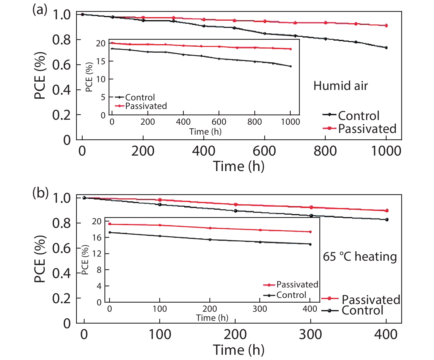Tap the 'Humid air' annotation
coord(340,86)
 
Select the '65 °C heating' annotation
coord(360,257)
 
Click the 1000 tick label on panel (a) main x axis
coord(386,151)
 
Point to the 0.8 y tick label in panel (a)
coord(61,40)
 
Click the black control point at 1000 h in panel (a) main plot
coord(386,48)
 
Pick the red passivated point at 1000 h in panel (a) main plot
coord(386,25)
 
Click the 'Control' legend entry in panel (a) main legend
coord(358,116)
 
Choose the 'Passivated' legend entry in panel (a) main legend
coord(367,129)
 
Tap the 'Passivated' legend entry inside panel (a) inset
coord(146,106)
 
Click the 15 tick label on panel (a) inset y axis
coord(101,62)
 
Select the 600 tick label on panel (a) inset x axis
coord(219,122)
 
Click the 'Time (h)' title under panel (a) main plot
coord(239,166)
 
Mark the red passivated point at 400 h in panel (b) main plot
coord(387,210)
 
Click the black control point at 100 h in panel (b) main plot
coord(160,204)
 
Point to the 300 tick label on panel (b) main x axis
coord(310,335)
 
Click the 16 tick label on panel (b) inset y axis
coord(97,238)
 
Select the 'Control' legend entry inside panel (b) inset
coord(291,295)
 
